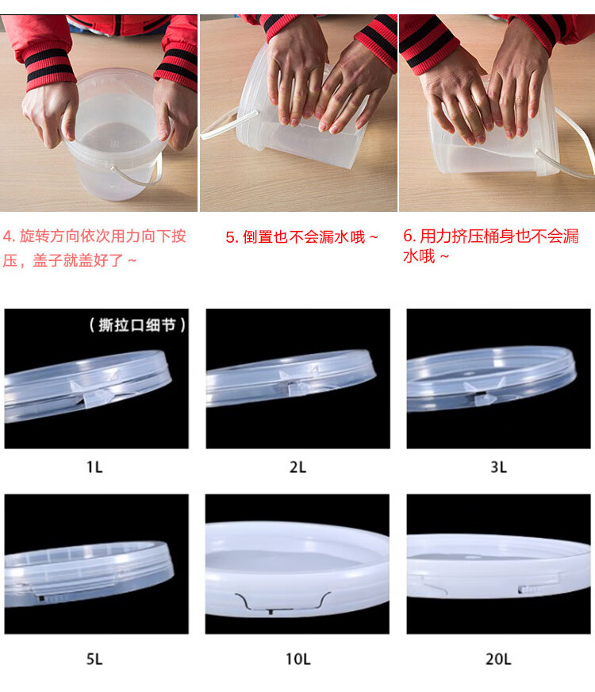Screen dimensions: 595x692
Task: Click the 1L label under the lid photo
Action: pos(94,467)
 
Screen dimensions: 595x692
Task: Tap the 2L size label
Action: pos(297,467)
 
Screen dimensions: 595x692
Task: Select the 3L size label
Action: pos(498,467)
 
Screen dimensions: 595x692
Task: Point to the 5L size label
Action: pos(94,659)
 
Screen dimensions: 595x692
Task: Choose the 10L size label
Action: pos(297,659)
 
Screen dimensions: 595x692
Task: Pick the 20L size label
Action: pos(498,659)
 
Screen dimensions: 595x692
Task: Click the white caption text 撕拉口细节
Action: pos(137,325)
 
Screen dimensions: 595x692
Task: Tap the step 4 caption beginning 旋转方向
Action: pos(94,248)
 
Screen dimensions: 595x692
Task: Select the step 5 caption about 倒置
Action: pos(301,237)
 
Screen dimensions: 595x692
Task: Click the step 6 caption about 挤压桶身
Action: pos(490,246)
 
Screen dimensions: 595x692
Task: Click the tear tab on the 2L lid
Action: pos(300,384)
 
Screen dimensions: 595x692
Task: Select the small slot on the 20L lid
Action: pos(528,589)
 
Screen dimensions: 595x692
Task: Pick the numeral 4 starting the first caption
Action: pos(7,236)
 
